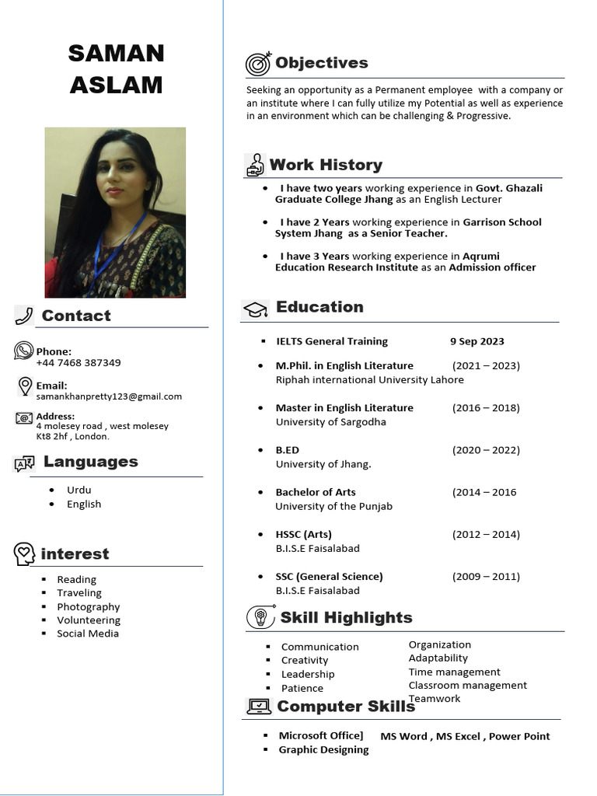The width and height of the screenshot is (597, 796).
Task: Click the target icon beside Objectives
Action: coord(258,63)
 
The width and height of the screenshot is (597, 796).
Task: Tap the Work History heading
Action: coord(326,165)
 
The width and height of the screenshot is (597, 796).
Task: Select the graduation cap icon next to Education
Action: coord(255,309)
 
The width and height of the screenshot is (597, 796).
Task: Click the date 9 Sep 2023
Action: coord(477,341)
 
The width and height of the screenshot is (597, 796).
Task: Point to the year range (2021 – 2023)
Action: coord(486,365)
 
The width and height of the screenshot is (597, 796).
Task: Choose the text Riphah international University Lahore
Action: coord(369,380)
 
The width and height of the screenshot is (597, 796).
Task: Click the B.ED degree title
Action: coord(287,450)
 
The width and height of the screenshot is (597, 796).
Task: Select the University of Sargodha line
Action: coord(330,422)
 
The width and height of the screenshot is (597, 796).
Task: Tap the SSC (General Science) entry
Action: coord(329,577)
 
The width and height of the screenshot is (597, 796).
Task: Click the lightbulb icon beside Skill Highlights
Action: coord(260,618)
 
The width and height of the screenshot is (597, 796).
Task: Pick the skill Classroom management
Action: coord(467,686)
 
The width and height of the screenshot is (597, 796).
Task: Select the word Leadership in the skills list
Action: coord(308,675)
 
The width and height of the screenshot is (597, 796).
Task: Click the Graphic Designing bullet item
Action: coord(323,750)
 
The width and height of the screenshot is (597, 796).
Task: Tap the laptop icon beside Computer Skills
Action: coord(259,706)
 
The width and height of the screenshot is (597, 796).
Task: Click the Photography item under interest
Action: coord(88,607)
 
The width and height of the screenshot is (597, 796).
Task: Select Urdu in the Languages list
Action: coord(79,491)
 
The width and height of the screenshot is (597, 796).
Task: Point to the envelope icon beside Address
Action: coord(24,418)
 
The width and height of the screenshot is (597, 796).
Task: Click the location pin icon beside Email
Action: coord(25,386)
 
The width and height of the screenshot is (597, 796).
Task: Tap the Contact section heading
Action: coord(76,316)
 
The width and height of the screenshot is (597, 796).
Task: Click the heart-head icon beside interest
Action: coord(25,554)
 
